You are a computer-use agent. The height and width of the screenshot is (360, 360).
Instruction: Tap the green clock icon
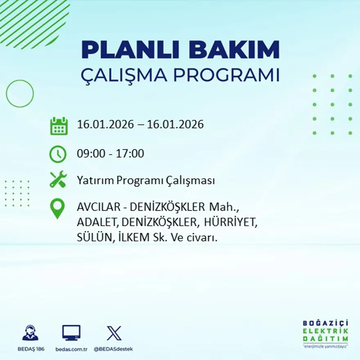58,154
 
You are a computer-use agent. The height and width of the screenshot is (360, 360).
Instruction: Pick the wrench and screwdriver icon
58,180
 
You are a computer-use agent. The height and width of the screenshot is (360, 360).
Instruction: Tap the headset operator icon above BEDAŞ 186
30,333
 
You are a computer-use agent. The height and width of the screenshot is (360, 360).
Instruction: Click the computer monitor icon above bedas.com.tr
71,333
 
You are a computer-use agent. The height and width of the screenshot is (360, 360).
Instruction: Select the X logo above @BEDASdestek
114,333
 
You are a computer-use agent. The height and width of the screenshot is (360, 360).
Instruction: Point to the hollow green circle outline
20,94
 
